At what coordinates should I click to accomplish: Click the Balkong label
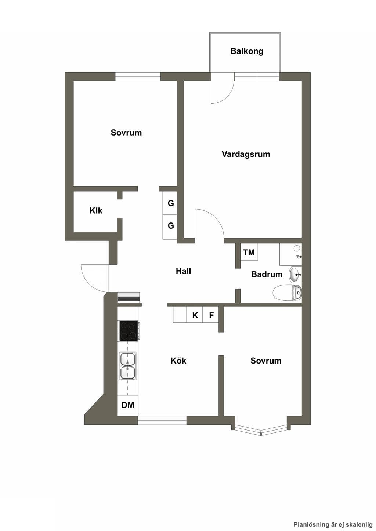(x=247, y=51)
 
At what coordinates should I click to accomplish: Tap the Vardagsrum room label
(x=246, y=154)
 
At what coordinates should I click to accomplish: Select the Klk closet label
(x=96, y=210)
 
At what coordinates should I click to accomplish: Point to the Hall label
(x=183, y=271)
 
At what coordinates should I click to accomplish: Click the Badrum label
(x=267, y=274)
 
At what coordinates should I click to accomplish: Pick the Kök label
(x=178, y=361)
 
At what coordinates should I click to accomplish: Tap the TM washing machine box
(x=249, y=252)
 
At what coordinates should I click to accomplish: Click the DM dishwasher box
(x=128, y=405)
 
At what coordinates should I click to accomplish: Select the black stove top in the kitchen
(x=129, y=331)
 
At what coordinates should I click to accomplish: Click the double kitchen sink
(x=128, y=365)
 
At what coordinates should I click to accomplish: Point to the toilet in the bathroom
(x=287, y=293)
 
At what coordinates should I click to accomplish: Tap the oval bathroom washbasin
(x=295, y=275)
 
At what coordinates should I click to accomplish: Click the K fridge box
(x=195, y=315)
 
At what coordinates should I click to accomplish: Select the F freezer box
(x=211, y=315)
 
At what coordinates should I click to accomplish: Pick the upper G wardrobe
(x=170, y=203)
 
